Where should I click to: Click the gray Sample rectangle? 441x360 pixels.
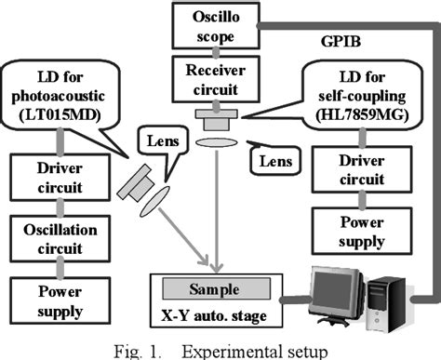[217, 289]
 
